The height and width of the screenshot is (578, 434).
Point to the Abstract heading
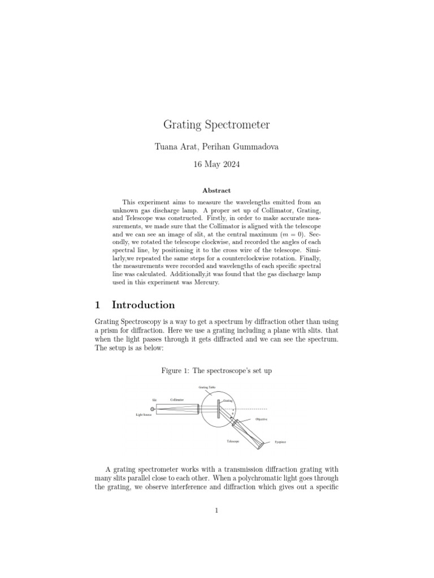click(x=217, y=191)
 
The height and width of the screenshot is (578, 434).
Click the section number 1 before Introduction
click(x=97, y=305)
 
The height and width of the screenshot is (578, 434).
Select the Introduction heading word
click(x=144, y=305)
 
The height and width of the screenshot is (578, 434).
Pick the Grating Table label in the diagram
click(x=206, y=388)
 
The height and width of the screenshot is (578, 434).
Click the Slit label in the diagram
click(x=154, y=400)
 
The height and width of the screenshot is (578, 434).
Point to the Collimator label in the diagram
click(x=177, y=400)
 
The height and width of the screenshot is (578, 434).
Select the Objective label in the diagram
click(x=261, y=419)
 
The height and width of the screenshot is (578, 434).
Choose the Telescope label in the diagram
click(x=233, y=441)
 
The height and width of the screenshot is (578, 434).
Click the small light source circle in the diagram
click(x=153, y=409)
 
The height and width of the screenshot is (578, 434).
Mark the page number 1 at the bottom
click(x=217, y=511)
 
